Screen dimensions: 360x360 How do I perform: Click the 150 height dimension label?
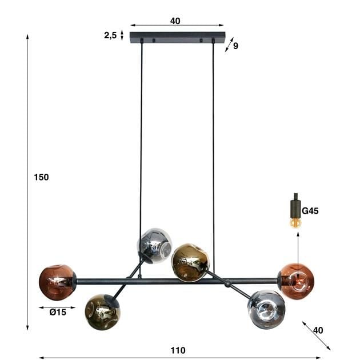click(41, 177)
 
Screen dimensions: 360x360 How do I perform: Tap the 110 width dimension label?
click(178, 350)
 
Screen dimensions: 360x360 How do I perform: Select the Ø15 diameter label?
click(58, 312)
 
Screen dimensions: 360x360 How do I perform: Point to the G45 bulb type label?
click(310, 211)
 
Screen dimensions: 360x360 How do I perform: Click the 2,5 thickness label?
click(110, 35)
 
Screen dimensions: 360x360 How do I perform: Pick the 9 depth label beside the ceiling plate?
click(235, 46)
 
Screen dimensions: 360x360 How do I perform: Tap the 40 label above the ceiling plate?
click(175, 21)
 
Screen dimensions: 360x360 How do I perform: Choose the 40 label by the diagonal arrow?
click(318, 330)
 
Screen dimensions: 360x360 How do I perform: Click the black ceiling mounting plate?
click(177, 37)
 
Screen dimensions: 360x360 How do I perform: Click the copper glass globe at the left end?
click(57, 282)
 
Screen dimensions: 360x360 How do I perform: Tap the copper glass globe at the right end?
click(296, 281)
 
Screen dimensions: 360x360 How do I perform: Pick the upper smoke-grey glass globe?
click(155, 245)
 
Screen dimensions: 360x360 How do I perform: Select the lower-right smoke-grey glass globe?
click(266, 309)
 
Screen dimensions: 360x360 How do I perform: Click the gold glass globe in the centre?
click(190, 262)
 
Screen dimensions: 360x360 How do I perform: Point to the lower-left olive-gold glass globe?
click(102, 312)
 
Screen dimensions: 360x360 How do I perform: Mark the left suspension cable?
click(141, 143)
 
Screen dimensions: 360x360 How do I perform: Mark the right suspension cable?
click(213, 143)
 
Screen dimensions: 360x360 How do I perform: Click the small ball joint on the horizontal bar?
click(228, 283)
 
